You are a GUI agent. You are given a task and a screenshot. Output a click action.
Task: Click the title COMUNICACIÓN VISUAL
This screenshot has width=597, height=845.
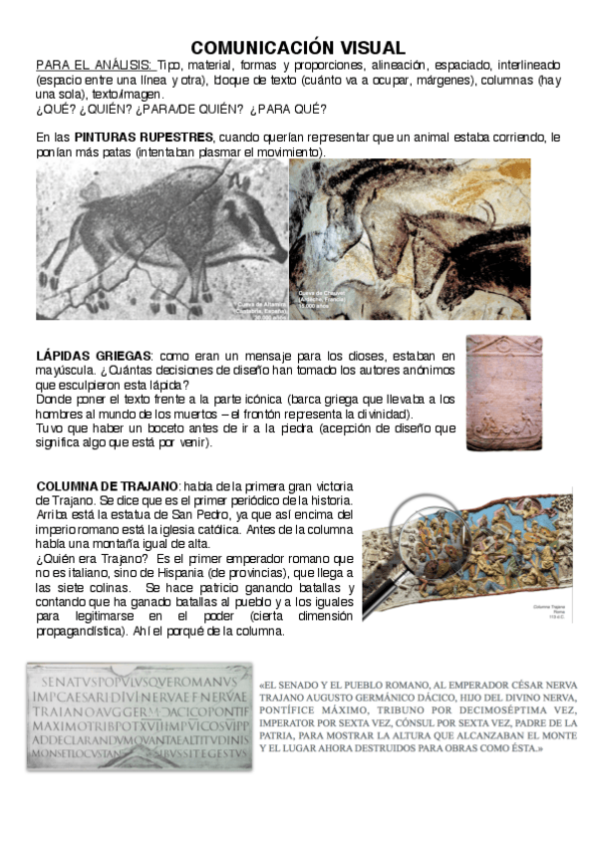298,48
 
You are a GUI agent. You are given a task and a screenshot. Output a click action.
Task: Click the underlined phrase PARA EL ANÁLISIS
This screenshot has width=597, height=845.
95,65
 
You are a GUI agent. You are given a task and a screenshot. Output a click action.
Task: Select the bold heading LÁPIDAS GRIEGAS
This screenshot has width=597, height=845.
93,356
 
